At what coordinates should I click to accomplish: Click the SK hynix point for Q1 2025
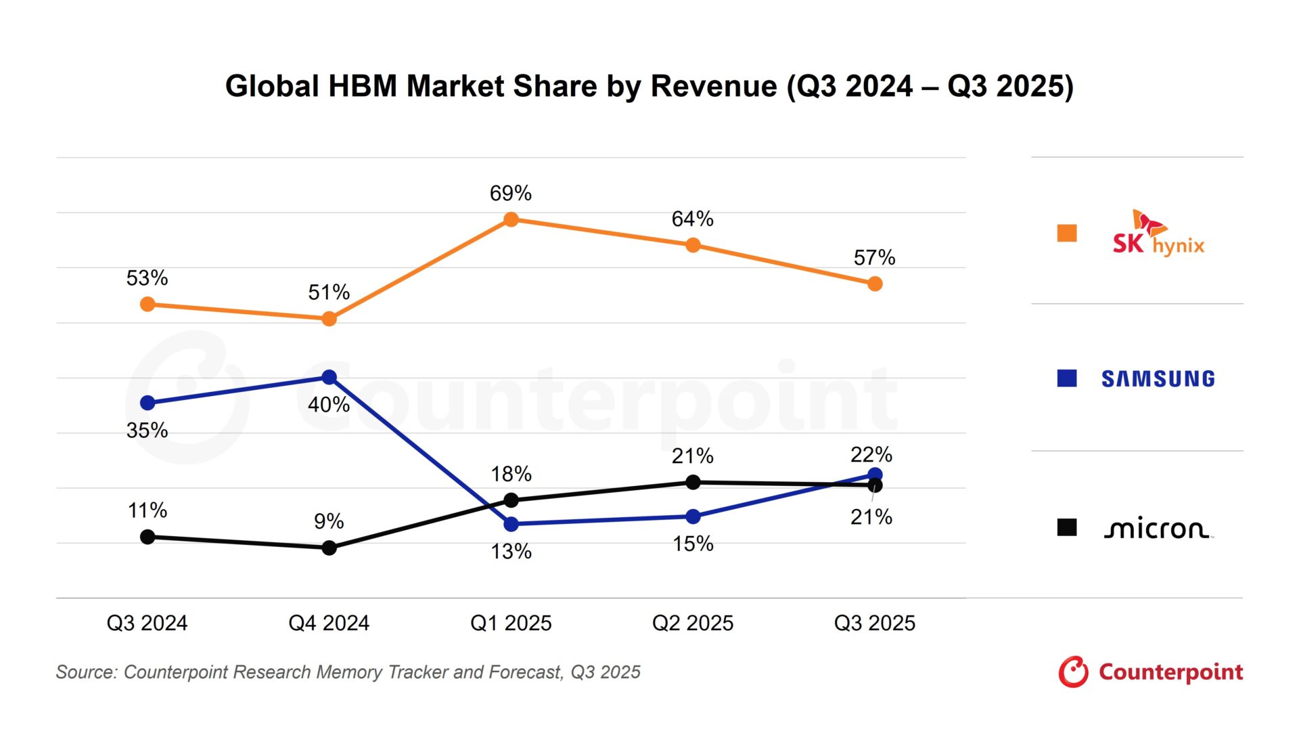point(511,219)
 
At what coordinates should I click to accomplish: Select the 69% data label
point(511,194)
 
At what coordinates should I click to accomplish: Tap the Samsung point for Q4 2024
point(329,377)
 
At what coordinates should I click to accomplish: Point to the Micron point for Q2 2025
point(693,482)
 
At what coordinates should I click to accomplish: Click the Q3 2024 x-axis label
point(147,623)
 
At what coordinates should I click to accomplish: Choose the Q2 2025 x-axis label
point(693,623)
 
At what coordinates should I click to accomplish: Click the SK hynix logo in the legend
point(1158,234)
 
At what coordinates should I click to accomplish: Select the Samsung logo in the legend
point(1158,378)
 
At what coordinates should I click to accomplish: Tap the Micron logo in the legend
point(1158,529)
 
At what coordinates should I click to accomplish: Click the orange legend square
point(1067,233)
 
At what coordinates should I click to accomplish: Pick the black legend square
point(1067,527)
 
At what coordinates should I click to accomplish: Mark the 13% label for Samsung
point(511,552)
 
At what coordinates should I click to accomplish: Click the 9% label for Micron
point(329,521)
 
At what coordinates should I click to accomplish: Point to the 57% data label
point(874,258)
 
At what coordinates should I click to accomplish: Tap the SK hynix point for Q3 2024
point(147,305)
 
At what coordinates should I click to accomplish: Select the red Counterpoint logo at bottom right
point(1151,672)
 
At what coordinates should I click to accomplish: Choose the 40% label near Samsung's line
point(329,405)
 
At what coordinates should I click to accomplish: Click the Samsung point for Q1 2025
point(511,524)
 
